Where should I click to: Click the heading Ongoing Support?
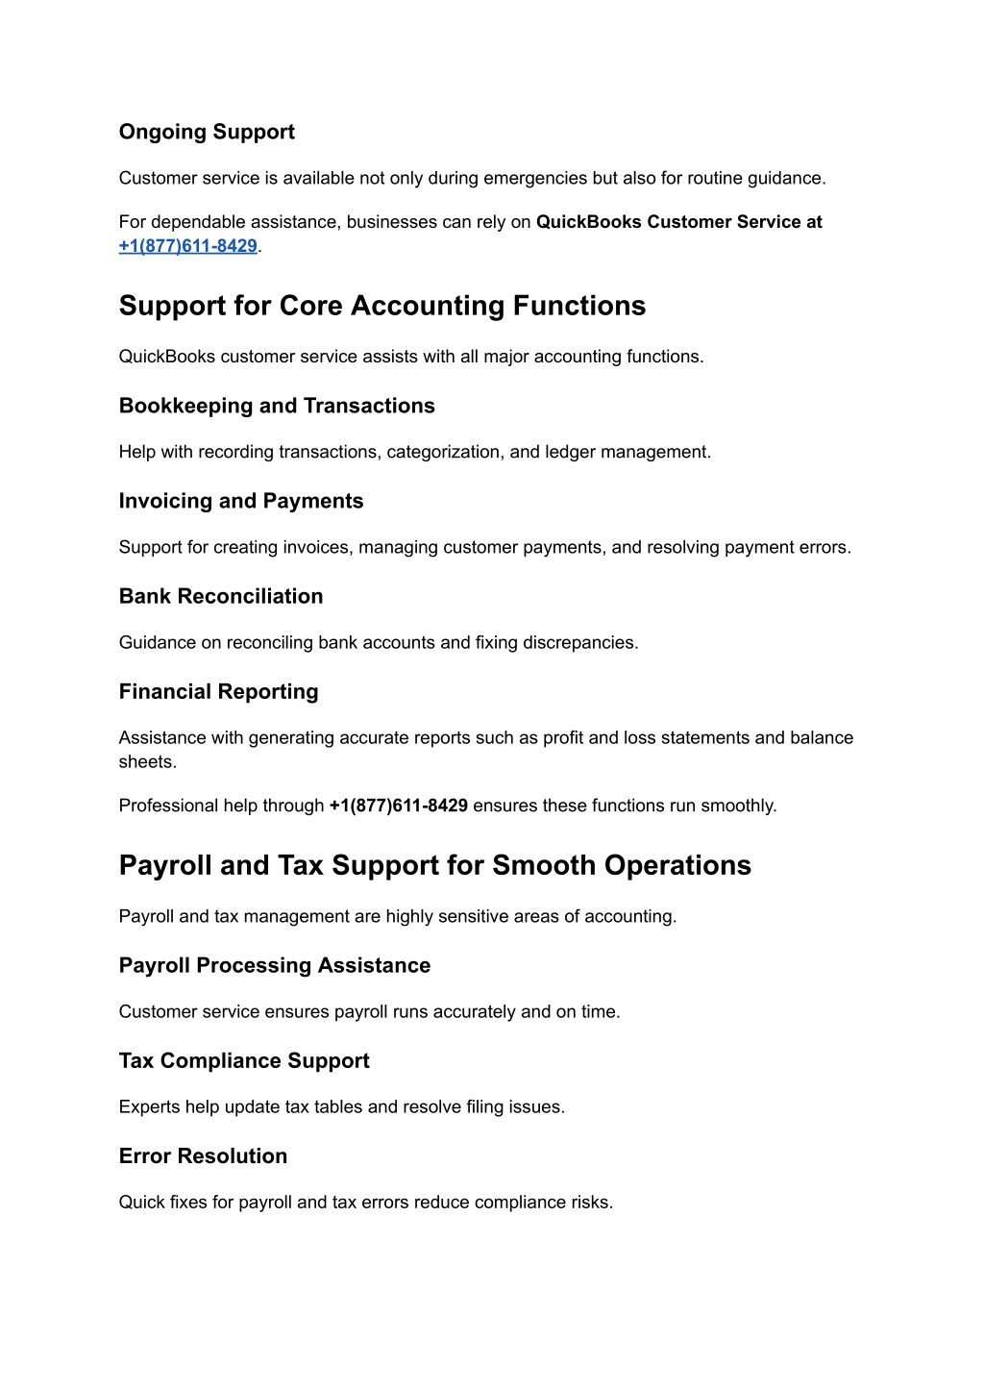click(x=207, y=132)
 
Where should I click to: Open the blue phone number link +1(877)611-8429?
click(x=188, y=246)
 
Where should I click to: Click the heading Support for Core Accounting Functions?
click(x=382, y=306)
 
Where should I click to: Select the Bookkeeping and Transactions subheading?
click(x=277, y=406)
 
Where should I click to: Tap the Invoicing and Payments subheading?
click(x=241, y=501)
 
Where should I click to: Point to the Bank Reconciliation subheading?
click(x=221, y=596)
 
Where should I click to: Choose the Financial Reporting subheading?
click(x=218, y=691)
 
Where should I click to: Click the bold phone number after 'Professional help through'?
click(x=398, y=806)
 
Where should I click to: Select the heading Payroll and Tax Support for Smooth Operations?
click(x=434, y=865)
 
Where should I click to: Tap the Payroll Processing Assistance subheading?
click(x=275, y=965)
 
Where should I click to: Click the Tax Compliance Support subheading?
click(x=244, y=1060)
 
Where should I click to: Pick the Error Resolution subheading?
click(x=203, y=1155)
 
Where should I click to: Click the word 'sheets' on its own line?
click(x=147, y=762)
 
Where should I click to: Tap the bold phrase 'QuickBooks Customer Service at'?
click(x=678, y=222)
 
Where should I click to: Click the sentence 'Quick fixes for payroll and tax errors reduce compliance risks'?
click(x=365, y=1203)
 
